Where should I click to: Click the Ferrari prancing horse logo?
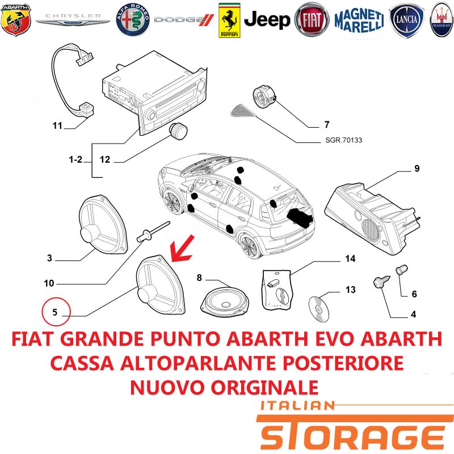click(229, 20)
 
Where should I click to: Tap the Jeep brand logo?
click(267, 20)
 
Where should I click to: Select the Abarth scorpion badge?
click(16, 20)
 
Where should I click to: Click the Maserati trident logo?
click(442, 20)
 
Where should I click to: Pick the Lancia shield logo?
click(406, 20)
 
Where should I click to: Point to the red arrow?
click(182, 249)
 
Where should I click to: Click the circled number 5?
click(56, 312)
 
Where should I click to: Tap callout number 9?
click(417, 168)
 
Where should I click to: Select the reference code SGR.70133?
click(344, 140)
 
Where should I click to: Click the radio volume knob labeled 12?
click(178, 132)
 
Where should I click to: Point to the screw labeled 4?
click(381, 282)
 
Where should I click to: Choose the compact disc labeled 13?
click(319, 309)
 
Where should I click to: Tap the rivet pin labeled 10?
click(152, 232)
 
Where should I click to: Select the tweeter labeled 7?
click(264, 97)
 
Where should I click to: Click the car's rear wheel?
click(250, 246)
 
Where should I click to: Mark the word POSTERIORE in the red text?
click(343, 363)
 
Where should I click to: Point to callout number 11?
click(57, 125)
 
